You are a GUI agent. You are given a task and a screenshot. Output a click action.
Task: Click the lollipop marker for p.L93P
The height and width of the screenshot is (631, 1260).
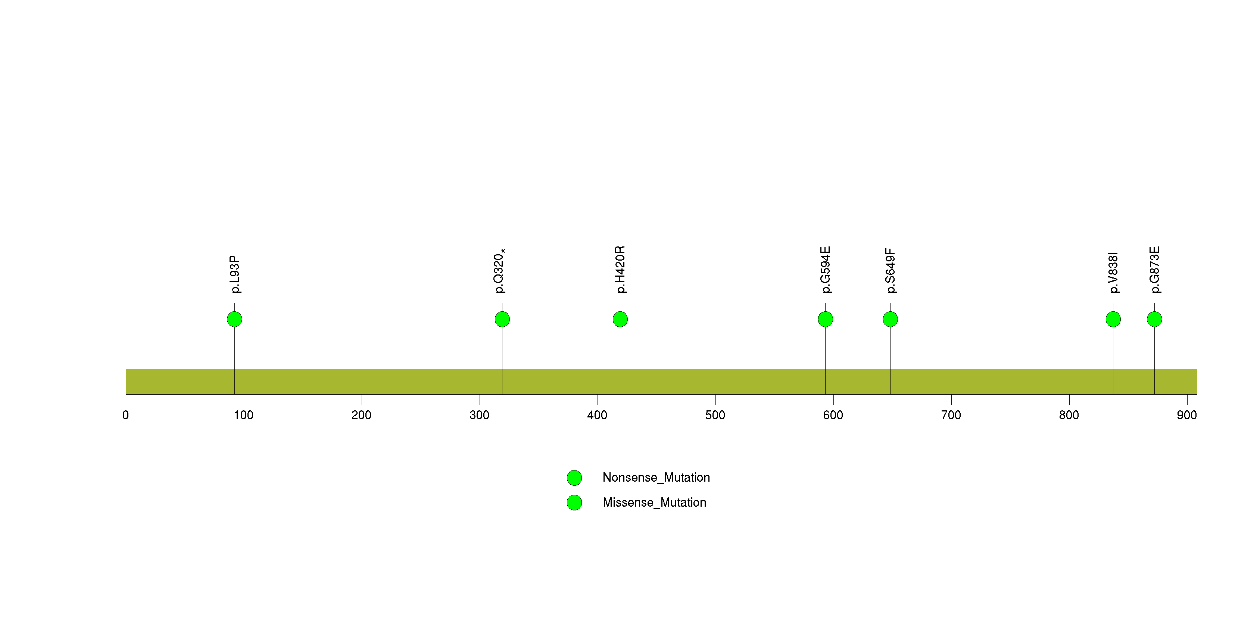pos(234,319)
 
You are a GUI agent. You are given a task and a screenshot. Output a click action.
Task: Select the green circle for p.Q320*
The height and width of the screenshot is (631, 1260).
pos(502,319)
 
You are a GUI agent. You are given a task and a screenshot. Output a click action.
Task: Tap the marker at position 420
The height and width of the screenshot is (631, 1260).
pos(620,319)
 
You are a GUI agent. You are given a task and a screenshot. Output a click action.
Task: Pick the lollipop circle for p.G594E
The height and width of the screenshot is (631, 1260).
pos(825,319)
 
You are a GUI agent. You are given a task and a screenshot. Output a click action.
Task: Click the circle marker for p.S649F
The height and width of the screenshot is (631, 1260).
pos(890,319)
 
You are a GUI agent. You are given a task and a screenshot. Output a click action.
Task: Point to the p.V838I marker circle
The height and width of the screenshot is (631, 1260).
pos(1113,319)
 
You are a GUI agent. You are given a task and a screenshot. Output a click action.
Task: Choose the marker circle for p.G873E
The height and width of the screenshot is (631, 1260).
pos(1154,319)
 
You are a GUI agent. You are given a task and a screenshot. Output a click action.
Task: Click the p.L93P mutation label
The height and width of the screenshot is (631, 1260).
pos(235,274)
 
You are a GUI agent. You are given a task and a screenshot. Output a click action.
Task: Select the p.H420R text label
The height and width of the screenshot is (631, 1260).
pos(620,270)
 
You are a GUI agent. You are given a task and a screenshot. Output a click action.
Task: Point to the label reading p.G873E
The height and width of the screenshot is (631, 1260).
pos(1155,270)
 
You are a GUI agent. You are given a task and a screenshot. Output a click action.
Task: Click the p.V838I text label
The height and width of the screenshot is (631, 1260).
pos(1114,273)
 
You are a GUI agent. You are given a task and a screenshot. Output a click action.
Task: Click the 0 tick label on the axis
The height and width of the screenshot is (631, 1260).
pos(126,415)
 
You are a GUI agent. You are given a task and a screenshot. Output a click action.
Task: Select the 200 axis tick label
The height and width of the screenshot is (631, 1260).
pos(362,415)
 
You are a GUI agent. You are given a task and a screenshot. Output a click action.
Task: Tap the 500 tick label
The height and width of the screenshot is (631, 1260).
pos(715,415)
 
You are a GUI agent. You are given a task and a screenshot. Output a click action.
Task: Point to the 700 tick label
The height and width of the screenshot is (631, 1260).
pos(951,415)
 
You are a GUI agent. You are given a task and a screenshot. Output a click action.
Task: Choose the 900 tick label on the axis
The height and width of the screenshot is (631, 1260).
pos(1186,415)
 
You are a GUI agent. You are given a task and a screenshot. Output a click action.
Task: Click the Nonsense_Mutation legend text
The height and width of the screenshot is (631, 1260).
pos(656,478)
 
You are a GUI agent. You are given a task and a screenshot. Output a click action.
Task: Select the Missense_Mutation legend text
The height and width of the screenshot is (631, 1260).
pos(655,502)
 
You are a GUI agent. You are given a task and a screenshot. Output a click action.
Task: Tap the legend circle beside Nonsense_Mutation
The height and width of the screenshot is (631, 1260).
pos(574,478)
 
